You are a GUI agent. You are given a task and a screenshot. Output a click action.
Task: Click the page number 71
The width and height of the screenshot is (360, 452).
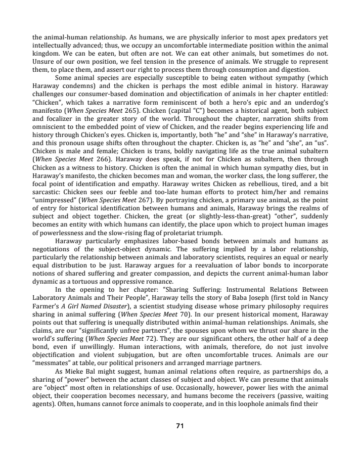[x=179, y=426]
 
